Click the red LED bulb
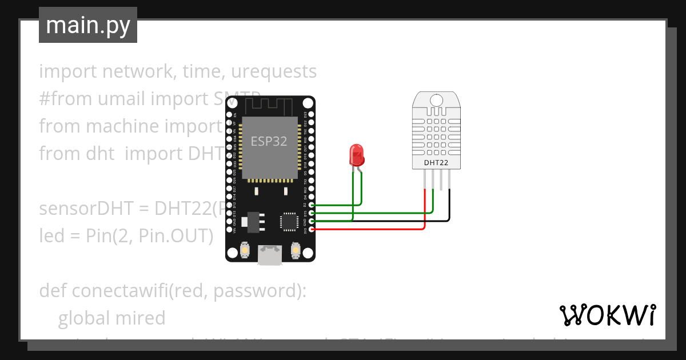point(357,153)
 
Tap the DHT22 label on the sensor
point(436,163)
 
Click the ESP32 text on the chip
point(269,141)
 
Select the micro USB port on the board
point(269,255)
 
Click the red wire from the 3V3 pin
point(372,229)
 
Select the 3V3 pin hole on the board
point(312,229)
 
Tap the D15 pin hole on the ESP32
point(312,213)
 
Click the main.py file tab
point(87,25)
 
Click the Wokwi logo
point(607,315)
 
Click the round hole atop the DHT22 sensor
point(436,101)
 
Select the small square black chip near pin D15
point(289,221)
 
